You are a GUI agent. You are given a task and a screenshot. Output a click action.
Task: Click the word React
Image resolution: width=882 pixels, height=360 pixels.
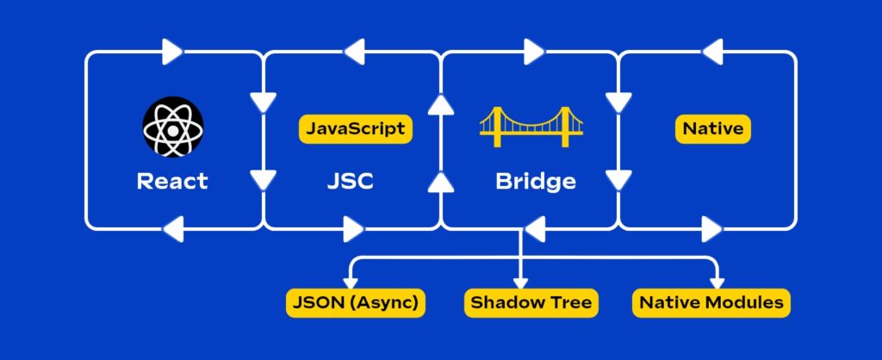click(x=172, y=182)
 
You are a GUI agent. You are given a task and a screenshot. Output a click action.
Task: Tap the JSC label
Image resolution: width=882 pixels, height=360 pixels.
click(x=351, y=182)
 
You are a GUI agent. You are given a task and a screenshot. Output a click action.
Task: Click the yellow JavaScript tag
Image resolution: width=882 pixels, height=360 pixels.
click(x=356, y=129)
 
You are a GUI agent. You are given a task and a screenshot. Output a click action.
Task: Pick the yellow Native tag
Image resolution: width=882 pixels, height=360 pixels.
click(x=712, y=129)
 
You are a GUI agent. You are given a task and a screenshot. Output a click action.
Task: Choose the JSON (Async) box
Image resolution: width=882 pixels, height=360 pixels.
click(x=356, y=302)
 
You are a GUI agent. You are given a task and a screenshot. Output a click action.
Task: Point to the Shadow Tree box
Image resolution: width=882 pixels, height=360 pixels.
click(x=529, y=302)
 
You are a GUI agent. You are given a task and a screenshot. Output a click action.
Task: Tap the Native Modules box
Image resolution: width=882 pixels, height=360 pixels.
click(x=711, y=302)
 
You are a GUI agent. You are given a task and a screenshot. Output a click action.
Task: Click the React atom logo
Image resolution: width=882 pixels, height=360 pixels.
click(x=172, y=127)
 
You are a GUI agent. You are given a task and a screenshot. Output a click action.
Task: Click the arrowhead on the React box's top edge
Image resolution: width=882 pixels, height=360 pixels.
click(x=172, y=53)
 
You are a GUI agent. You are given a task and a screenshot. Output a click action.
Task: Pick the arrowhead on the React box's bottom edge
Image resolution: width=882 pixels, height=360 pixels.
click(x=172, y=228)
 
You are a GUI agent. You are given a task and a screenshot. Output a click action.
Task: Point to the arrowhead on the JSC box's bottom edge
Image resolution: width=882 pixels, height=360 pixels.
click(x=353, y=228)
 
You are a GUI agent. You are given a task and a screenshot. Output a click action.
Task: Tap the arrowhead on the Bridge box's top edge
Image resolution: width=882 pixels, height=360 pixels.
click(x=534, y=53)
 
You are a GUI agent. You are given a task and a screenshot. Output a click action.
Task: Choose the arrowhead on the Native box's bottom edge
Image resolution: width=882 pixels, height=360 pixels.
click(x=711, y=228)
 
